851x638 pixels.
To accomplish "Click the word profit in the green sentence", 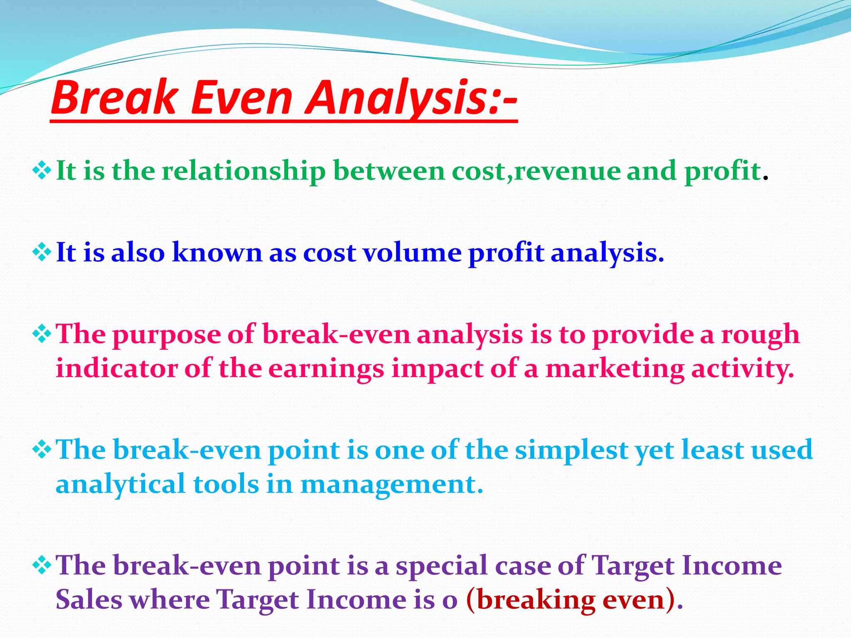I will pos(722,172).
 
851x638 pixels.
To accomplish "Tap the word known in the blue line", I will pos(217,253).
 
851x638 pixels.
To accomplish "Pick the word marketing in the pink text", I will pos(615,369).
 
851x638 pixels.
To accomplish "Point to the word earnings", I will pos(326,369).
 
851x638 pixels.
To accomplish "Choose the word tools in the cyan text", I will pos(226,485).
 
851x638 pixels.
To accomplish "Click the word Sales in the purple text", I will pos(91,600).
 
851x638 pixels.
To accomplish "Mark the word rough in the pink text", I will pos(760,335).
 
